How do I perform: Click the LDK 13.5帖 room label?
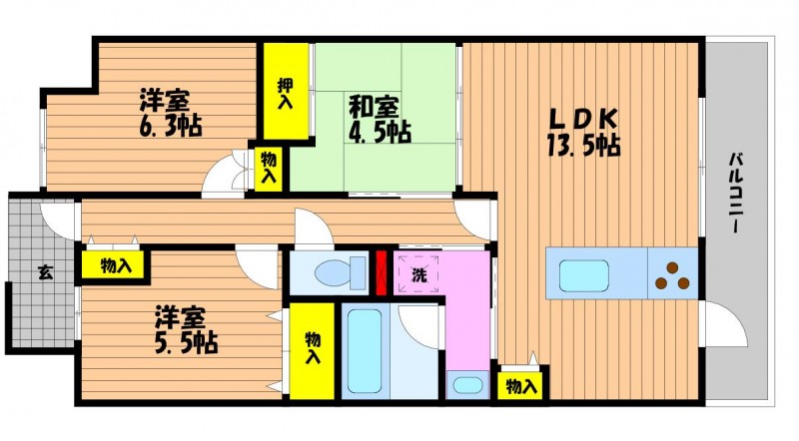coord(583,133)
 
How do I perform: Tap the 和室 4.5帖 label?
coord(380,120)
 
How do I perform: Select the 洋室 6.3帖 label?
coord(171,113)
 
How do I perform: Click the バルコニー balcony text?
coord(734,193)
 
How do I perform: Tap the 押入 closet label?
coord(286,94)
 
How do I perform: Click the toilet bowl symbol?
coord(340,273)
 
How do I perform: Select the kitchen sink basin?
coord(584,276)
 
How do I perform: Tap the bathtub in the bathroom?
coord(365,351)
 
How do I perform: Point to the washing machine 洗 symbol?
coord(418,273)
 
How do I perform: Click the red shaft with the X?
coord(382,272)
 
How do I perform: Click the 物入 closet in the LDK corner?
coord(521,386)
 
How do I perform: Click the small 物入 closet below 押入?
coord(269,169)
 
